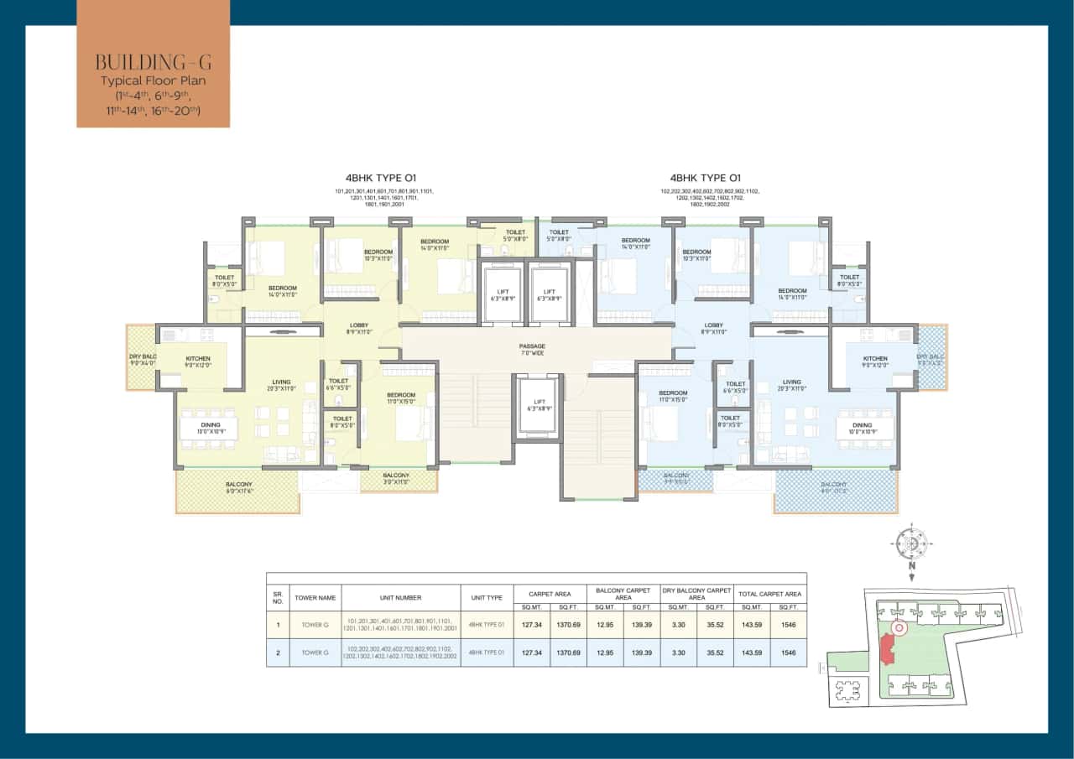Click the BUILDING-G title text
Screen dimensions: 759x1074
click(x=153, y=61)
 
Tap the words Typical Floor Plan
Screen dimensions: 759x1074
click(x=153, y=81)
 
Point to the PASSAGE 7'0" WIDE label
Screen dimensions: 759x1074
click(x=532, y=350)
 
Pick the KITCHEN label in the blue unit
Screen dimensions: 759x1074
click(x=875, y=361)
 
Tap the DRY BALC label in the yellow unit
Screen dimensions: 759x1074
click(x=140, y=358)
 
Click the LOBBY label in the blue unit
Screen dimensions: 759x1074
click(x=714, y=328)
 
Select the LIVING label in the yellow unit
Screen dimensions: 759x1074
click(x=280, y=385)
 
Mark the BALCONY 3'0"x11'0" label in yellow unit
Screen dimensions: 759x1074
click(x=396, y=479)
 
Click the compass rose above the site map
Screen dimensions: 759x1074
click(x=910, y=543)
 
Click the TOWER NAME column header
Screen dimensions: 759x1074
click(x=315, y=598)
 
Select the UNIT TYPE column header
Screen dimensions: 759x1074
click(x=487, y=598)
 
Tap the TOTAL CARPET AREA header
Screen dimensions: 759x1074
click(x=769, y=594)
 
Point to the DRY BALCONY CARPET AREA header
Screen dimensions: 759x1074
click(x=696, y=594)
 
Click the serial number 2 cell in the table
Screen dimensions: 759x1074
click(x=278, y=652)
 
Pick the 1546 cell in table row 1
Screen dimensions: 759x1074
click(x=788, y=624)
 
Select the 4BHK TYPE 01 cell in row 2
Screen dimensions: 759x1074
click(x=487, y=652)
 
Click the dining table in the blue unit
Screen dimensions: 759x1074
click(x=864, y=428)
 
